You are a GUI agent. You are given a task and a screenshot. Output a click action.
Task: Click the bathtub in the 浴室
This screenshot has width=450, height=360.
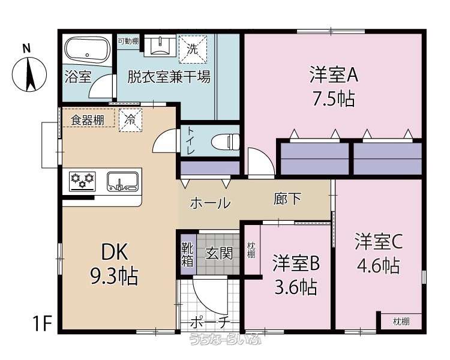coord(87,50)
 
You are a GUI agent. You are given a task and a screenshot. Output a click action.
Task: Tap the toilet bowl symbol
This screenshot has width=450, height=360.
coord(225,141)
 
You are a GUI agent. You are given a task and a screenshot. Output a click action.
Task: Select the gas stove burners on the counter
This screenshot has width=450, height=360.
coord(82,181)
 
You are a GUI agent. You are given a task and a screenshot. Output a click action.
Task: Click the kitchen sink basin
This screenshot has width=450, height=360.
coord(122,181)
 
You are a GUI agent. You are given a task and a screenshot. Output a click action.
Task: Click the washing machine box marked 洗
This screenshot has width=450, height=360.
coord(193,49)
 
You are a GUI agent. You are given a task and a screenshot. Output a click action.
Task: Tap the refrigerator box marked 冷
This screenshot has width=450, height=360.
coord(130,120)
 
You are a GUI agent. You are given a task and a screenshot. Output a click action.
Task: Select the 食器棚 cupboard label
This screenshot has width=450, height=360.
coord(88,120)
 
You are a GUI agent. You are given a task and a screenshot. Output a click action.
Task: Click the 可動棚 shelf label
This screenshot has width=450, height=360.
coord(128,41)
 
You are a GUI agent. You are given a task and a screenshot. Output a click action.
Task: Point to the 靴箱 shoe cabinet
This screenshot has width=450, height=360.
coord(188,254)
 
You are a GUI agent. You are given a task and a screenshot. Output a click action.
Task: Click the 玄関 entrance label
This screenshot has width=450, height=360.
coord(219,254)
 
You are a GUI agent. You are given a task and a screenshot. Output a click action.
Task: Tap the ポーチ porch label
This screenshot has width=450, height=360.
coord(210,322)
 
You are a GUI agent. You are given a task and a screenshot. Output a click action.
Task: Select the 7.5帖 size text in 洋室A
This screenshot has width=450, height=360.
coord(334,98)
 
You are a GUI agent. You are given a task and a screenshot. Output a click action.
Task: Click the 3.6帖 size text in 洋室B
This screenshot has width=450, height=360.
coord(296,287)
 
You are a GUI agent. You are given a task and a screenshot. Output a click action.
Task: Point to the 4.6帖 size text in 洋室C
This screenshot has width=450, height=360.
coord(378,266)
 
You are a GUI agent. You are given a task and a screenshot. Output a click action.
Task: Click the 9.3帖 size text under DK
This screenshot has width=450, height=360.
coord(115,276)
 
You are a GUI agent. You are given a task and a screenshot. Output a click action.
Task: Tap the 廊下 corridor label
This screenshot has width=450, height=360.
coord(287,199)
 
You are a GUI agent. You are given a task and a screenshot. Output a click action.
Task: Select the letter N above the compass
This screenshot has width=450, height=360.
coord(26,49)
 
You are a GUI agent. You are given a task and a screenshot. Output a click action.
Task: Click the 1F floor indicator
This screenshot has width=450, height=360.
coord(43,323)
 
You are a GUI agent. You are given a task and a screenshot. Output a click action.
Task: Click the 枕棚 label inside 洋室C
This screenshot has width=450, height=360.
coord(401,321)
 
